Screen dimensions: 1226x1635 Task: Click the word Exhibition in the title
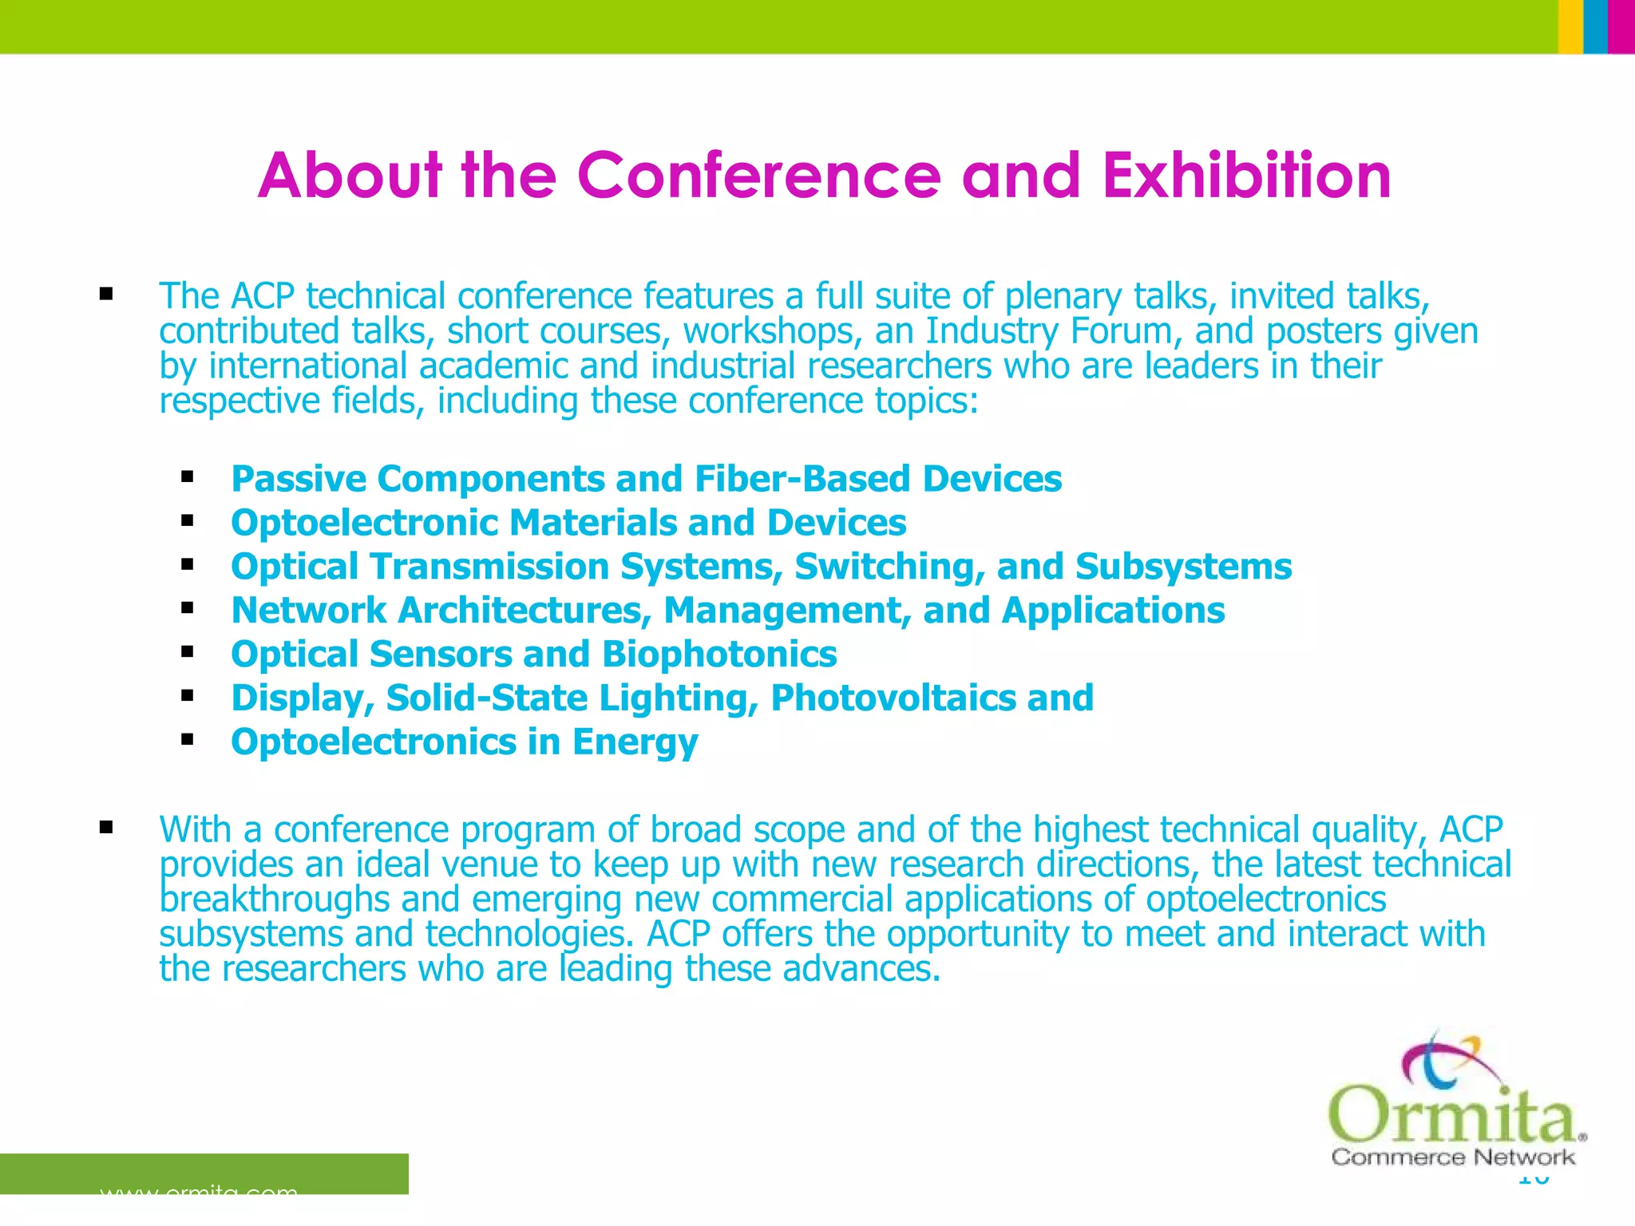[x=1247, y=176]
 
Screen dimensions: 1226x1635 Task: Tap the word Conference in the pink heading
[x=758, y=176]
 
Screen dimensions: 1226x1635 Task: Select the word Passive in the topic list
[x=298, y=479]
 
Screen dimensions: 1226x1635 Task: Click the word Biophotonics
[x=719, y=655]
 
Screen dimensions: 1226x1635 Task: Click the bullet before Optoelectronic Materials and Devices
[x=188, y=522]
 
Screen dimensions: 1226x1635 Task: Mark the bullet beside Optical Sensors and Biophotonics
[x=188, y=653]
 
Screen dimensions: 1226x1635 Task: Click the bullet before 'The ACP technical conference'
[x=106, y=295]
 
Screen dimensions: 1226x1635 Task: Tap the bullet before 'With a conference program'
[x=106, y=828]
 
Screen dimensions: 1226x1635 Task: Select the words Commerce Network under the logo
[x=1453, y=1157]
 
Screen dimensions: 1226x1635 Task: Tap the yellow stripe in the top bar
[x=1570, y=26]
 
